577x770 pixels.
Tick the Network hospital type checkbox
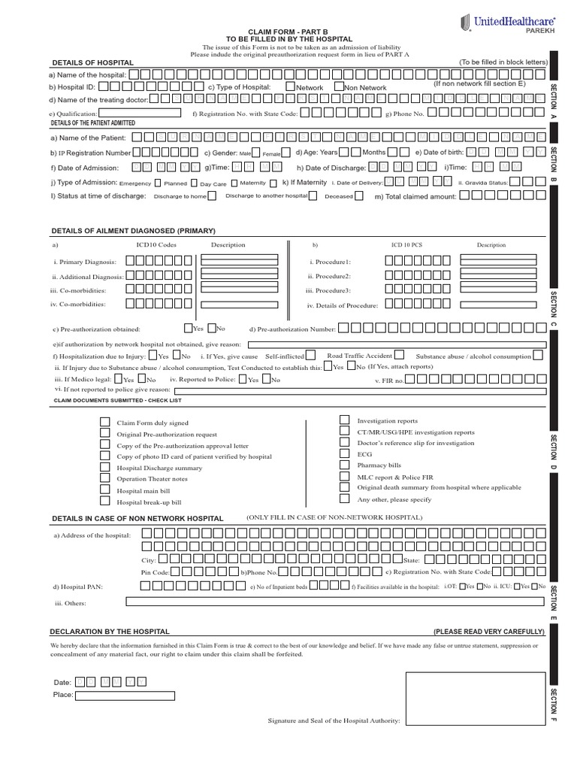click(x=290, y=86)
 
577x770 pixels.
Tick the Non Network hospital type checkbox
click(x=340, y=86)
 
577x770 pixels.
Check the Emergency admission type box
click(x=157, y=182)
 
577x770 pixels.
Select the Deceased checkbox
click(x=358, y=196)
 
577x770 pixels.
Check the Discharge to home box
click(x=212, y=196)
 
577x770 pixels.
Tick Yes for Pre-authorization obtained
click(x=188, y=328)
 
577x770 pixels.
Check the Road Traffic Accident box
click(x=399, y=355)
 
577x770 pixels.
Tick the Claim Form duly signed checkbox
click(x=105, y=423)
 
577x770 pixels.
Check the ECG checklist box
click(x=344, y=453)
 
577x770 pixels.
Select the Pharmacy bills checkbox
click(x=344, y=465)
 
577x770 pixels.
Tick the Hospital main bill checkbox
click(x=105, y=489)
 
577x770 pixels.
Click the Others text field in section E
click(x=334, y=601)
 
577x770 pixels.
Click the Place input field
click(x=125, y=696)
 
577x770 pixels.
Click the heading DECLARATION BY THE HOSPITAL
click(x=110, y=632)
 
